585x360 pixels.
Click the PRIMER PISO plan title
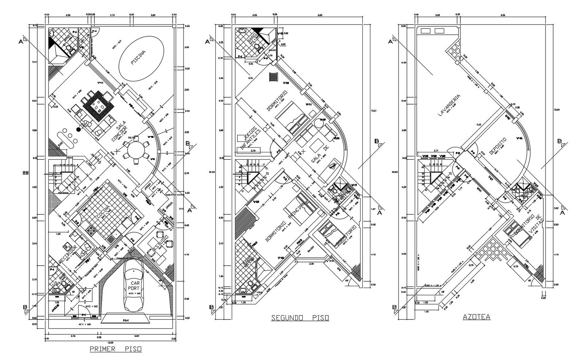116,349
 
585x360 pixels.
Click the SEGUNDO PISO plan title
300,318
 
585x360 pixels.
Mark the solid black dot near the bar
79,129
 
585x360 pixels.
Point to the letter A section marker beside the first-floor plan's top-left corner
20,42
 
